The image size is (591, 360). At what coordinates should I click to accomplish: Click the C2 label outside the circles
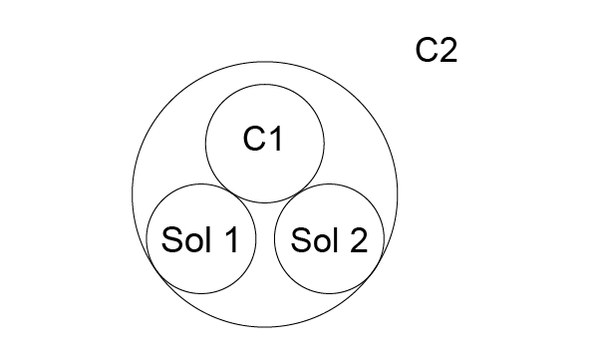click(x=437, y=50)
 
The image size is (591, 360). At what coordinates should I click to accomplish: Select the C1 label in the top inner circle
click(x=263, y=139)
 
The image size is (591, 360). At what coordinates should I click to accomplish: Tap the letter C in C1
click(x=254, y=139)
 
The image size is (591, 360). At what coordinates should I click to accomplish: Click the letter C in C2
click(x=427, y=50)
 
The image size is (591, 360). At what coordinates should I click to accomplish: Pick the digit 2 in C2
click(x=448, y=50)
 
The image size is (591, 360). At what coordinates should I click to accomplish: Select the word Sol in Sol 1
click(x=185, y=239)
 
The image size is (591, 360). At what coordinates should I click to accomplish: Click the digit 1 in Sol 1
click(x=232, y=239)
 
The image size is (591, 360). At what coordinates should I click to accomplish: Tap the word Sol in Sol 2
click(x=315, y=239)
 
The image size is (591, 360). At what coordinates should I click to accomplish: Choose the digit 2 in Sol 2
click(x=359, y=239)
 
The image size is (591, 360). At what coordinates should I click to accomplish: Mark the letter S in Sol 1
click(x=171, y=239)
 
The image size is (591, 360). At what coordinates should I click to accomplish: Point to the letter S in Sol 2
click(x=301, y=239)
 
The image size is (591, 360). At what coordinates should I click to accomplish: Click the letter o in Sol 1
click(x=194, y=242)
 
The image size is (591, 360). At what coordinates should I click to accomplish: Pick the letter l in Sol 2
click(x=337, y=239)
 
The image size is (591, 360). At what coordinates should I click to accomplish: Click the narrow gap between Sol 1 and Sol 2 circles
click(x=265, y=238)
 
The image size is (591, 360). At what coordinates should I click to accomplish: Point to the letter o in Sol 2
click(x=323, y=242)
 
